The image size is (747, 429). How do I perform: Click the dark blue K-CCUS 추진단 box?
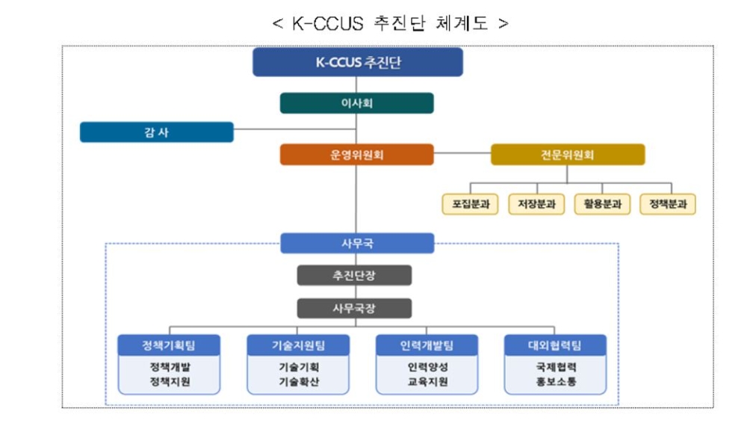click(x=357, y=63)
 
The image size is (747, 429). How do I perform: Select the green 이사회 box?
click(x=356, y=103)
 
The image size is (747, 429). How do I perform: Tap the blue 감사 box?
click(x=157, y=132)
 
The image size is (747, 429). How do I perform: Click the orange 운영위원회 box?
click(x=356, y=155)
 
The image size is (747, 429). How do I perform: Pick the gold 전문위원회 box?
click(x=567, y=155)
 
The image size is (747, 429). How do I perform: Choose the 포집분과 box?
click(x=471, y=204)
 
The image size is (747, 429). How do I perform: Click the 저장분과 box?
click(x=536, y=204)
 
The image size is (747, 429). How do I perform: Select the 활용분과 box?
click(x=602, y=204)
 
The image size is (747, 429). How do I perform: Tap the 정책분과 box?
click(x=668, y=204)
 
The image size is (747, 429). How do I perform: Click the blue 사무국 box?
click(x=357, y=244)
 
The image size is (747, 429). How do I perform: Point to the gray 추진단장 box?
click(x=354, y=275)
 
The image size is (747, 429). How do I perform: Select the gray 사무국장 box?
click(x=354, y=308)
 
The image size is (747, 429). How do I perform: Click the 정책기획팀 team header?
click(x=170, y=345)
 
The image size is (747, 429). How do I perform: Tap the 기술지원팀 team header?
click(x=298, y=345)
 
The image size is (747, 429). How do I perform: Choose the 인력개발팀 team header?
click(x=427, y=345)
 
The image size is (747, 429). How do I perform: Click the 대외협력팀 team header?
click(x=555, y=345)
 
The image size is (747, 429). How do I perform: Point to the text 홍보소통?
click(x=555, y=381)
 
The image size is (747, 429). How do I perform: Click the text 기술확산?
click(x=298, y=381)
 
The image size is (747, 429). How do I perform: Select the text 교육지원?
click(x=427, y=381)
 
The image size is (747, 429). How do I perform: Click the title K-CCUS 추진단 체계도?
click(x=391, y=23)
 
